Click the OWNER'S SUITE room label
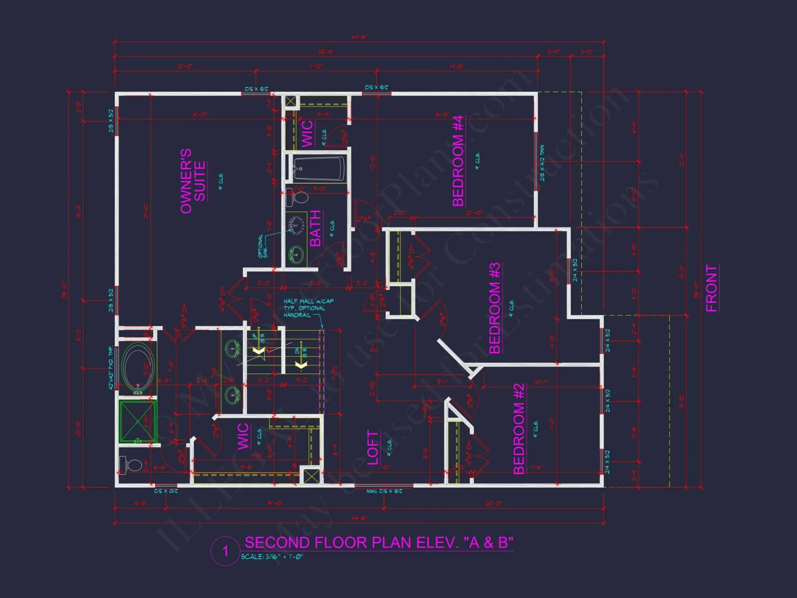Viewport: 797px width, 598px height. [193, 181]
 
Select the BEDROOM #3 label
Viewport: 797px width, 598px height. [495, 308]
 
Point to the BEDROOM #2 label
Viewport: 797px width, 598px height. [519, 429]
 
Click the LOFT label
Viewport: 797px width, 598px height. [372, 447]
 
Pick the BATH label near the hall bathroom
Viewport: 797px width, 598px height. [315, 228]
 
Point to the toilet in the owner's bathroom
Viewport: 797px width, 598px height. [132, 465]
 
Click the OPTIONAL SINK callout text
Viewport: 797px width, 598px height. [263, 246]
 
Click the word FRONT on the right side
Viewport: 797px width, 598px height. [711, 288]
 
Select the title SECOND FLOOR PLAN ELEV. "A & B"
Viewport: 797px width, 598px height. [379, 543]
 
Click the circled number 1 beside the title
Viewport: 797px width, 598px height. [226, 551]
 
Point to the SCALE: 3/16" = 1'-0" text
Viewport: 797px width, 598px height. [272, 557]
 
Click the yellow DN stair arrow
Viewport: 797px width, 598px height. [301, 365]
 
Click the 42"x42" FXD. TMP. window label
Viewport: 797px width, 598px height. [111, 368]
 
